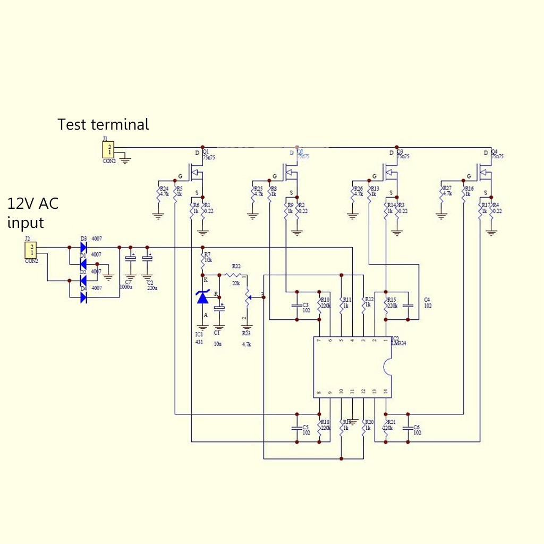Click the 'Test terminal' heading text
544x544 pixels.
[103, 124]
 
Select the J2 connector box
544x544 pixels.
[31, 249]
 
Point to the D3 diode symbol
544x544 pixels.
[83, 247]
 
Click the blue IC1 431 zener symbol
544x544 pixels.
[202, 297]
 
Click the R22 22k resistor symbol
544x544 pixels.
[233, 275]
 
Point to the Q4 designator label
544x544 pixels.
[495, 151]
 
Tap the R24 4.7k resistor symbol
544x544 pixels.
[159, 192]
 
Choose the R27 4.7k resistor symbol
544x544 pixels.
[441, 192]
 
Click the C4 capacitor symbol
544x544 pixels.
[408, 306]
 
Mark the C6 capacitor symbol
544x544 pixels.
[408, 428]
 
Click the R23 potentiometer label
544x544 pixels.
[246, 334]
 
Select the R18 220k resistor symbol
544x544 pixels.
[319, 428]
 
